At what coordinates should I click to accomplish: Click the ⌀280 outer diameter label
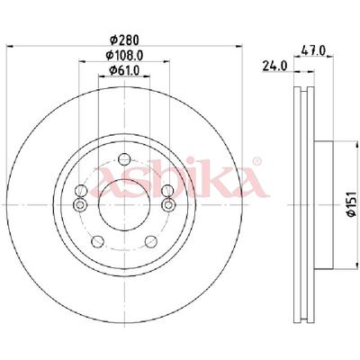(x=124, y=40)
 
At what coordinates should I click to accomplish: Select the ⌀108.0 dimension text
(x=124, y=55)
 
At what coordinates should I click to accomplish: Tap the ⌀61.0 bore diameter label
(x=124, y=70)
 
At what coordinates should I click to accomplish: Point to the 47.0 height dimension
(x=313, y=51)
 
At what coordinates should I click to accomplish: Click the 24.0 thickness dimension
(x=274, y=66)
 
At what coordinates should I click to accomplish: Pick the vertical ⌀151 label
(x=351, y=203)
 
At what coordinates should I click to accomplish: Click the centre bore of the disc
(x=124, y=205)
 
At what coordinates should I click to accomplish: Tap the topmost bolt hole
(x=124, y=159)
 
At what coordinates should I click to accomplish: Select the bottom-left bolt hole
(x=97, y=241)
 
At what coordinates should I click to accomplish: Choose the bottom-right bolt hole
(x=151, y=241)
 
